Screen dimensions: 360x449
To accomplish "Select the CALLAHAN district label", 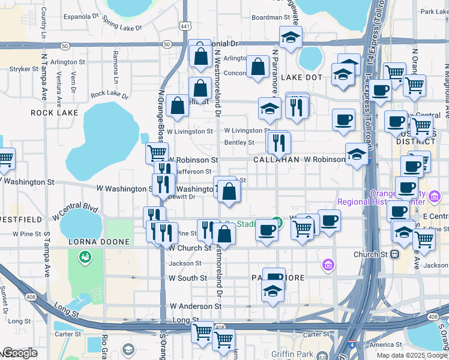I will coord(276,160).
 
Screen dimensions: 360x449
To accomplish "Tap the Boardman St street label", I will coord(270,18).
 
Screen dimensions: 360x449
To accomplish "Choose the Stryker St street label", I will coord(24,69).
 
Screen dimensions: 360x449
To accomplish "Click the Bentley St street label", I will coord(239,142).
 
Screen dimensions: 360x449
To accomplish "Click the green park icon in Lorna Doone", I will coord(85,257).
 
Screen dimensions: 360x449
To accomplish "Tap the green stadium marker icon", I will coord(276,221).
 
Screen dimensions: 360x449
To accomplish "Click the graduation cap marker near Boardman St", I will coord(290,37).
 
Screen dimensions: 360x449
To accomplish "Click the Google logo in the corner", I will coord(19,353).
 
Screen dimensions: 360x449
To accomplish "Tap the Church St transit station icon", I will coord(395,254).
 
